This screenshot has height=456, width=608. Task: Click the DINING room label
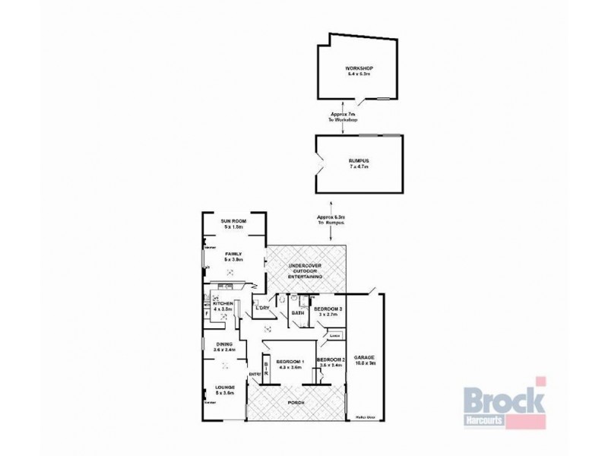click(x=223, y=347)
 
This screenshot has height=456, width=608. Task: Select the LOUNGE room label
click(x=225, y=389)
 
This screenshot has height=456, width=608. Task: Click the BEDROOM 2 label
click(x=331, y=361)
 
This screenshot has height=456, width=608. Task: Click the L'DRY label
click(x=264, y=308)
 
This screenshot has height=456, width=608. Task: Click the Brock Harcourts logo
click(x=502, y=404)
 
